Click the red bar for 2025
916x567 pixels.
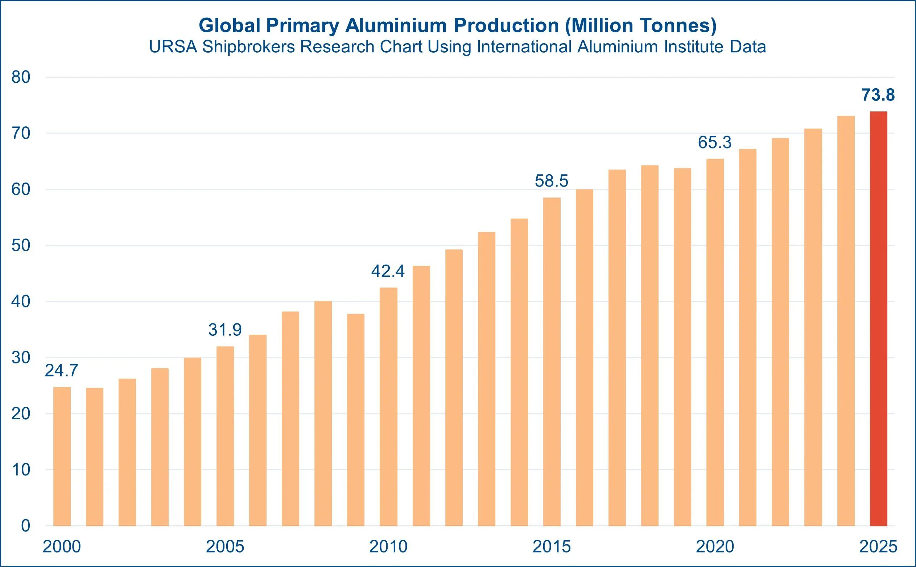pyautogui.click(x=878, y=319)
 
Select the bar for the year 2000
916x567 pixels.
pyautogui.click(x=62, y=456)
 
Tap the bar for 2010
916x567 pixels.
pyautogui.click(x=388, y=407)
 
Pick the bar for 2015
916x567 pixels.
pyautogui.click(x=552, y=362)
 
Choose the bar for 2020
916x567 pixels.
pyautogui.click(x=715, y=342)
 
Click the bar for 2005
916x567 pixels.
pyautogui.click(x=225, y=436)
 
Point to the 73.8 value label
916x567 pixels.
pyautogui.click(x=878, y=95)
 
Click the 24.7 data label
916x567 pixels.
pyautogui.click(x=61, y=371)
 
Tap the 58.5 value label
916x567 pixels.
pyautogui.click(x=552, y=181)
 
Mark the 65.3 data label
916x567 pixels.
pyautogui.click(x=714, y=143)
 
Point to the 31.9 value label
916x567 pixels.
pyautogui.click(x=225, y=330)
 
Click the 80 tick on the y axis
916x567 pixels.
pyautogui.click(x=21, y=77)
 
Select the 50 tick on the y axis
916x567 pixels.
pyautogui.click(x=21, y=246)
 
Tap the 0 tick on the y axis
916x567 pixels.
pyautogui.click(x=25, y=526)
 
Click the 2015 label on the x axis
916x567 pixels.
pyautogui.click(x=552, y=547)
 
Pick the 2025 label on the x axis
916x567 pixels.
pyautogui.click(x=878, y=547)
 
